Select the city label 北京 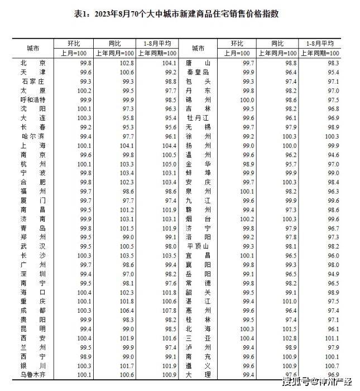coord(32,63)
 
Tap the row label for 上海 coord(32,145)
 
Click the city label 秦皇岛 coord(198,72)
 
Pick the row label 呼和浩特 coord(32,99)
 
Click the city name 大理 coord(198,374)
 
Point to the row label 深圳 coord(32,273)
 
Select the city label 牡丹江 coord(198,118)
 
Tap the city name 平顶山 coord(198,246)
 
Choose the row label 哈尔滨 coord(32,136)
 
